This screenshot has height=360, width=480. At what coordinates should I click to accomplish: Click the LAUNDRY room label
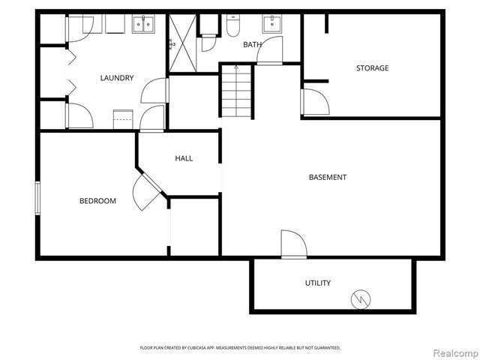(x=116, y=77)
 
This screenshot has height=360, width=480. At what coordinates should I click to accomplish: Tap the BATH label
(x=253, y=45)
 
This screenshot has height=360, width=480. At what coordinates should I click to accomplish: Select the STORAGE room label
(x=372, y=68)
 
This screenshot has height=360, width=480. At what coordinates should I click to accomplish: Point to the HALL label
(x=184, y=158)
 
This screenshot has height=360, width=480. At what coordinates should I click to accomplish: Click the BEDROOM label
(x=98, y=200)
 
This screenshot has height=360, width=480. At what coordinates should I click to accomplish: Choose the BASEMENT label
(x=328, y=178)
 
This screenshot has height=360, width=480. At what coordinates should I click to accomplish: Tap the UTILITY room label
(x=318, y=283)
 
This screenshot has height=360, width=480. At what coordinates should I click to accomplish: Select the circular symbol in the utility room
(x=361, y=299)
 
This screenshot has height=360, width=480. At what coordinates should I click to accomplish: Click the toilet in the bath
(x=232, y=28)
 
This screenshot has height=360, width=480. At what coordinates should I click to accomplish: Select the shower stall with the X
(x=181, y=43)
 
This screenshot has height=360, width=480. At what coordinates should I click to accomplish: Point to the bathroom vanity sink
(x=271, y=25)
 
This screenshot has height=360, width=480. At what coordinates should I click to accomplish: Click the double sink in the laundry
(x=142, y=25)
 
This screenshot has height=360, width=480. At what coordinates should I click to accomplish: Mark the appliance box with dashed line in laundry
(x=122, y=121)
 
